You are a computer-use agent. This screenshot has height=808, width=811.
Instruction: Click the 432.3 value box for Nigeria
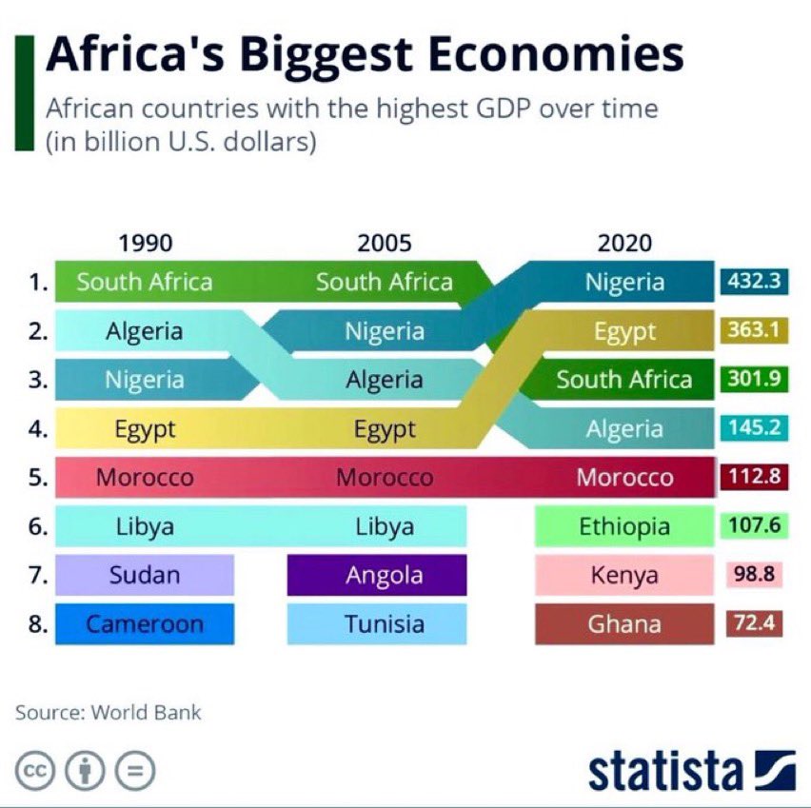tap(753, 282)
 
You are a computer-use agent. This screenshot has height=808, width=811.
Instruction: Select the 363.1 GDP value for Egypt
tap(753, 330)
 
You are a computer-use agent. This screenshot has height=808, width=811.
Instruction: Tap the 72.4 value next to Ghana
tap(753, 624)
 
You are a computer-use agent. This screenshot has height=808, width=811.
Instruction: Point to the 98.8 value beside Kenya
tap(753, 575)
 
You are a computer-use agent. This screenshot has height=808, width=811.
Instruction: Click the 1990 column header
tap(145, 243)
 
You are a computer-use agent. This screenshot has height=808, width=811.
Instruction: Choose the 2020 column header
tap(624, 243)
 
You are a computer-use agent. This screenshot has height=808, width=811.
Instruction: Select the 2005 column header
tap(385, 243)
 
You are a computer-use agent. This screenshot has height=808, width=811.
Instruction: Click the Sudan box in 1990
tap(145, 575)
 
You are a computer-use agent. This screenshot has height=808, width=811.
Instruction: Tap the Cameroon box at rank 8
tap(145, 624)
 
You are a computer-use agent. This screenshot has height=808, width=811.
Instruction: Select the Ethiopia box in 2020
tap(624, 526)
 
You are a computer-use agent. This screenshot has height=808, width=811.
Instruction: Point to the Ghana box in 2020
tap(624, 624)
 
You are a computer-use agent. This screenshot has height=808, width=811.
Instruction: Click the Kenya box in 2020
tap(624, 575)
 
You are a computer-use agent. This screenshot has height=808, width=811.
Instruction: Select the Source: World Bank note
tap(109, 712)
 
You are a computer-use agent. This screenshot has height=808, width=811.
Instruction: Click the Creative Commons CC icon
tap(33, 771)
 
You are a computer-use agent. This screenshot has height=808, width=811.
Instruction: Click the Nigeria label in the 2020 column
tap(624, 282)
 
